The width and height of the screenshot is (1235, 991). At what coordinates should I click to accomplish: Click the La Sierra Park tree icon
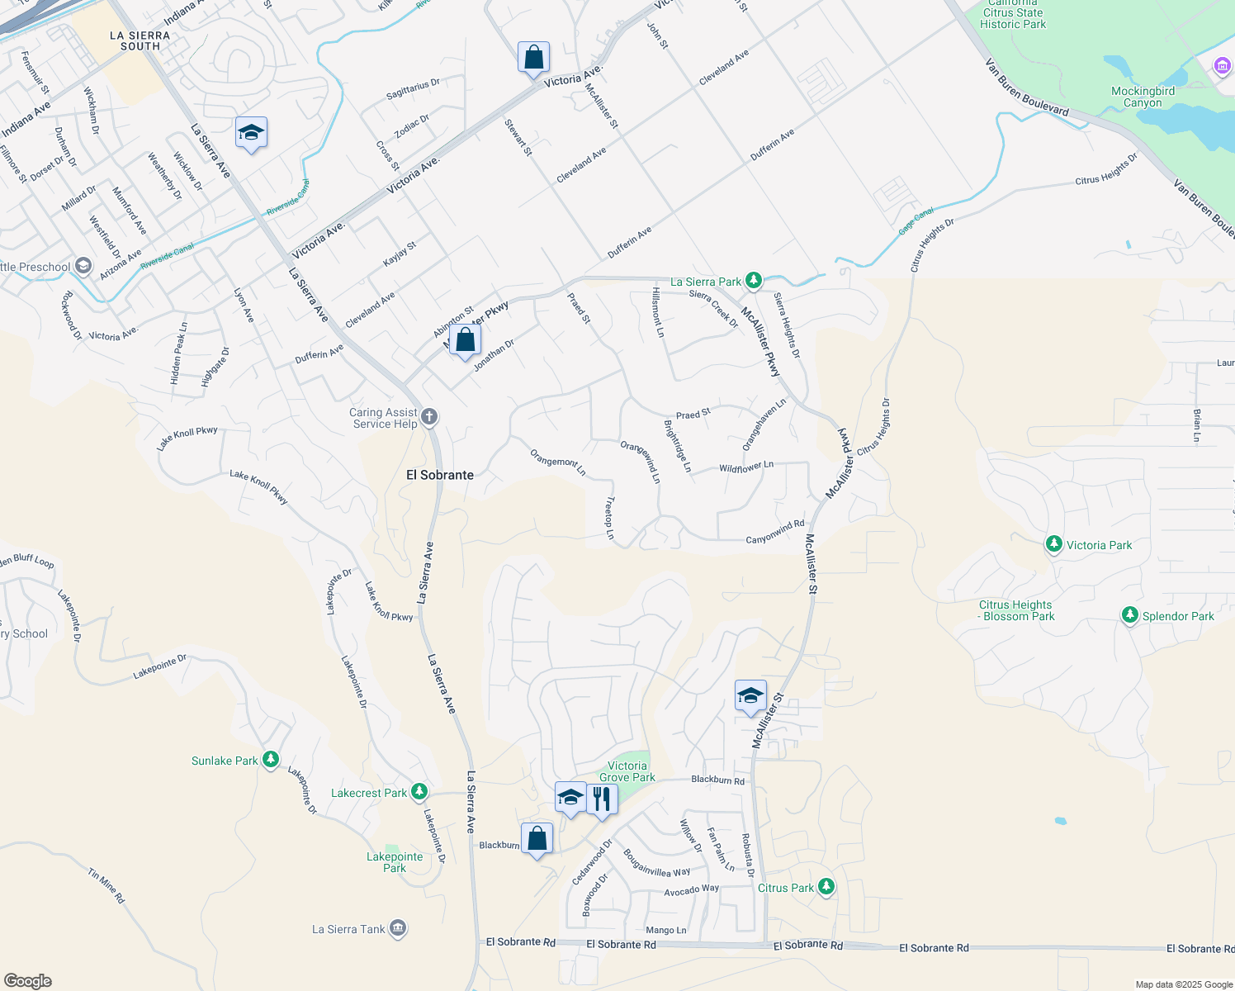(x=753, y=281)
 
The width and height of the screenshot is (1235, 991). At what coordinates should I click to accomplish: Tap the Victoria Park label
(x=1099, y=545)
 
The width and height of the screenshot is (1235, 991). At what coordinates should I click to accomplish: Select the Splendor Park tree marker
(x=1129, y=615)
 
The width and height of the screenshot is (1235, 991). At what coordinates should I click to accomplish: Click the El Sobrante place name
(x=440, y=475)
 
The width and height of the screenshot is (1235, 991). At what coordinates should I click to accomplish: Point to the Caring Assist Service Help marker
(x=428, y=416)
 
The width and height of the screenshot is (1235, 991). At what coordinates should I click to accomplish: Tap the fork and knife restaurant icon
(x=602, y=799)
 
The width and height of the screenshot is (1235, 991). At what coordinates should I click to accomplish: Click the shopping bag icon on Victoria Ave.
(x=533, y=58)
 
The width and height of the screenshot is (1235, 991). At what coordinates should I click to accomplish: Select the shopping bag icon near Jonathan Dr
(x=465, y=339)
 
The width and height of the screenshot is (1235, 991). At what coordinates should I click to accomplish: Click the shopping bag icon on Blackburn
(x=537, y=837)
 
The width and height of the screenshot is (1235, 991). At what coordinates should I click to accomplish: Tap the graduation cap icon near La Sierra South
(x=251, y=132)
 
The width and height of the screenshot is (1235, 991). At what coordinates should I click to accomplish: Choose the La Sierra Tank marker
(x=398, y=928)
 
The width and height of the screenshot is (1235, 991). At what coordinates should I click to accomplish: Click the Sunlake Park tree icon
(x=270, y=760)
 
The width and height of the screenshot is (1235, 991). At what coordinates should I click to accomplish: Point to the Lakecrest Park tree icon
(x=419, y=792)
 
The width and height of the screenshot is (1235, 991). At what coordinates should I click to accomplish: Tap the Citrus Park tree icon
(x=826, y=887)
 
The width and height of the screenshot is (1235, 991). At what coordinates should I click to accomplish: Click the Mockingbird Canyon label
(x=1143, y=97)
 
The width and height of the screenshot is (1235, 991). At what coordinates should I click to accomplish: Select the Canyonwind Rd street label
(x=774, y=532)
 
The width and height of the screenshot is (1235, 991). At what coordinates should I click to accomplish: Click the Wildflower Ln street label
(x=746, y=467)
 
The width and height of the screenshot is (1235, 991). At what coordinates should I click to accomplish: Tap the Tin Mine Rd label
(x=106, y=885)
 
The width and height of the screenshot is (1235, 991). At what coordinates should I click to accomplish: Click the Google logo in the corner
(x=27, y=981)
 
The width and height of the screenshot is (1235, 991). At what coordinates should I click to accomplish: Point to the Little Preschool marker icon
(x=83, y=266)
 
